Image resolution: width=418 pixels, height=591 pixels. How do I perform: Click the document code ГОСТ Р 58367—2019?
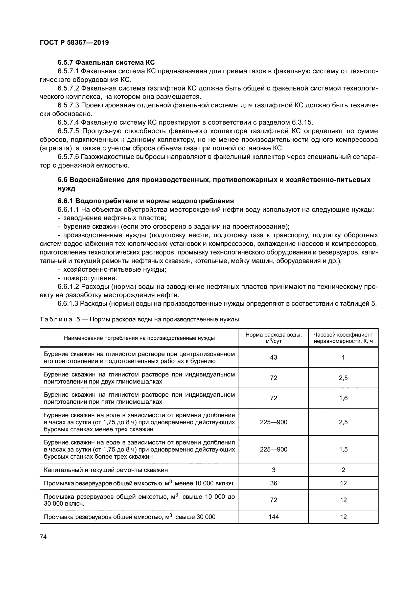tap(74, 42)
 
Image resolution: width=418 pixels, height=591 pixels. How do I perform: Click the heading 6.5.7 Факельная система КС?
tap(106, 63)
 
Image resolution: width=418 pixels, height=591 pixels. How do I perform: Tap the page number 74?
tap(43, 537)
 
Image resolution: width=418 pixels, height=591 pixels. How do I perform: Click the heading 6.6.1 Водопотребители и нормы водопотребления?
tap(146, 201)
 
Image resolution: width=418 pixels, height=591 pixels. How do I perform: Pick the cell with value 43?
tap(273, 357)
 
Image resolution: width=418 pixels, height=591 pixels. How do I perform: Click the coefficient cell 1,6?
tap(343, 398)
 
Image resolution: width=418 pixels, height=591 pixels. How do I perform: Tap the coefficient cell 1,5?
tap(343, 450)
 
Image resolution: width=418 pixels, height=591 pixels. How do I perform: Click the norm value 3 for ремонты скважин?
tap(273, 470)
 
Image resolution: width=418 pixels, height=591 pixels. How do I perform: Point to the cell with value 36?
tap(273, 483)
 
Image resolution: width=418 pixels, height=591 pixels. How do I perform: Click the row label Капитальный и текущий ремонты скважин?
tap(106, 470)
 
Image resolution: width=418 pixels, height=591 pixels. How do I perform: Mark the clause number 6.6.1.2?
tap(68, 287)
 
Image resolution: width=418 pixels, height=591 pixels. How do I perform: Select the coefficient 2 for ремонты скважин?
tap(343, 470)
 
